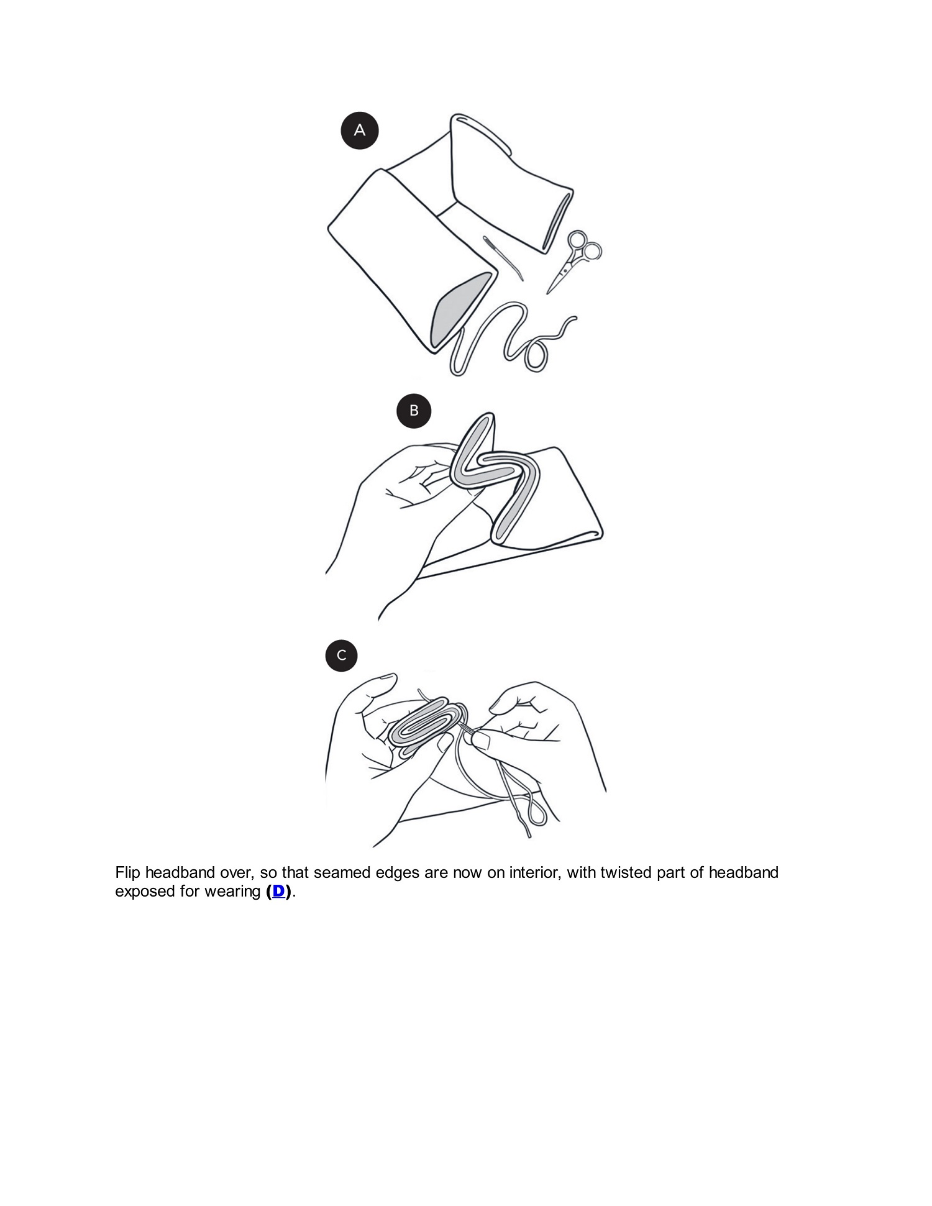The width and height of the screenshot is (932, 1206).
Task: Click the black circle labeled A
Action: point(360,130)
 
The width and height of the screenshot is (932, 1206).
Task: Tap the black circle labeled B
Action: point(414,411)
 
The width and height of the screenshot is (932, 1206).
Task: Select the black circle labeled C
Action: point(341,656)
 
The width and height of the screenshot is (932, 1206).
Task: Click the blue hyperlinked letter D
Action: point(278,891)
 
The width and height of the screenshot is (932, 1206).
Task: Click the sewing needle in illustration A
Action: point(503,258)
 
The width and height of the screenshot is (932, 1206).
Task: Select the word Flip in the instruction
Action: point(128,873)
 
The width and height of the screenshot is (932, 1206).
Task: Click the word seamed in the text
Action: point(341,873)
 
